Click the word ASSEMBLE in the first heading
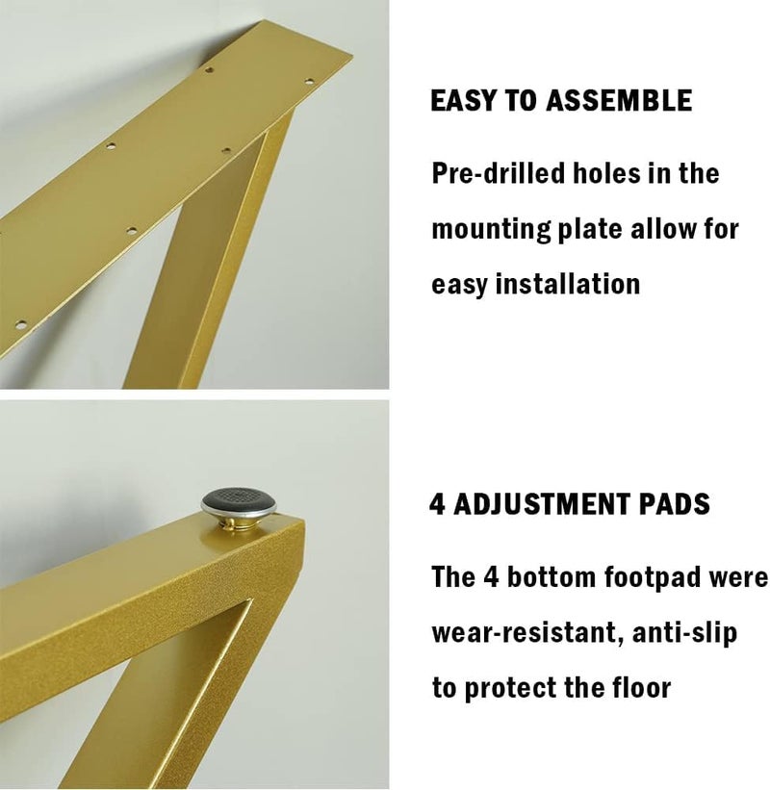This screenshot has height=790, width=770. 619,101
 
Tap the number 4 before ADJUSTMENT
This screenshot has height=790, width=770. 438,503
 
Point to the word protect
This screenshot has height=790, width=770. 535,689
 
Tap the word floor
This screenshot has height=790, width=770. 641,688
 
